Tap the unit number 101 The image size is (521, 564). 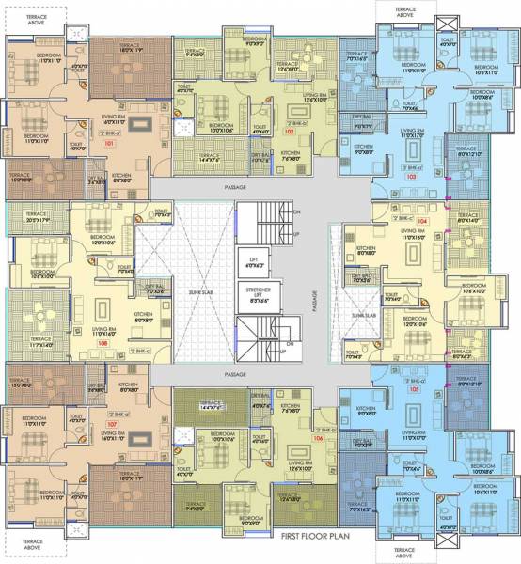pyautogui.click(x=109, y=145)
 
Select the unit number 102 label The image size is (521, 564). pyautogui.click(x=290, y=133)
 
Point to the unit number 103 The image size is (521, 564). pyautogui.click(x=410, y=176)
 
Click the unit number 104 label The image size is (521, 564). pyautogui.click(x=421, y=222)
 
